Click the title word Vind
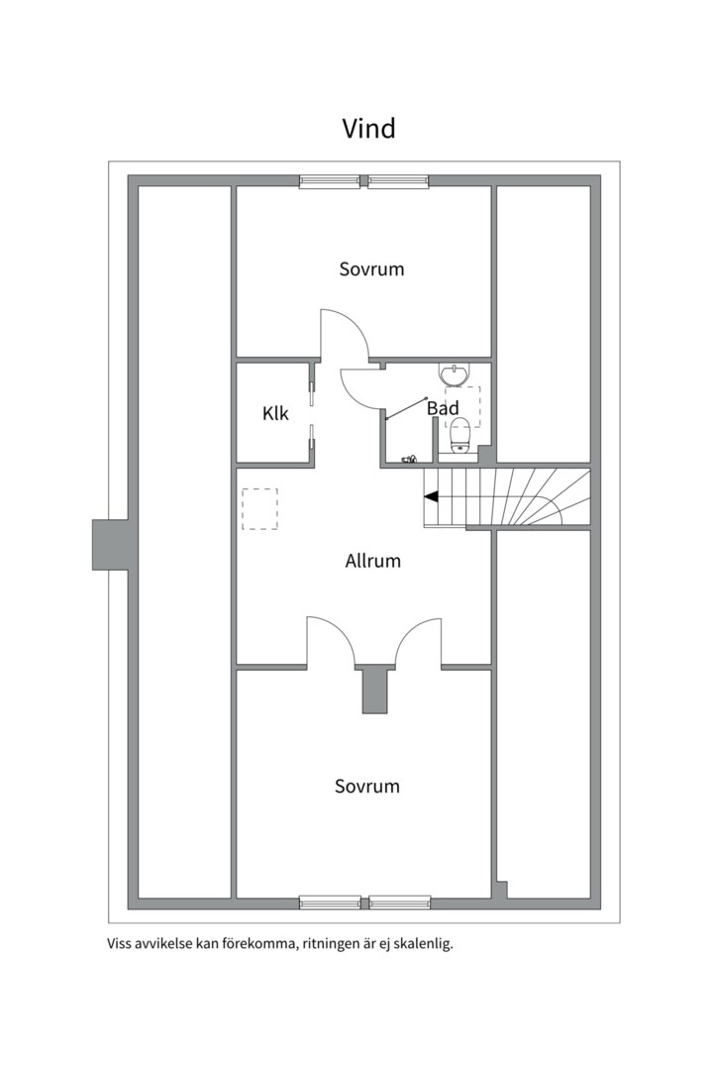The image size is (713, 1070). (x=368, y=128)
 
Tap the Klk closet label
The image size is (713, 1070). (x=275, y=413)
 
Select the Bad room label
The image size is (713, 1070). (x=442, y=408)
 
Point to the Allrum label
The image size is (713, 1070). (x=372, y=561)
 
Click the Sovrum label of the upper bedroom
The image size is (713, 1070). (x=372, y=268)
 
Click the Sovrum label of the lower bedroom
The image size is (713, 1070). (x=367, y=786)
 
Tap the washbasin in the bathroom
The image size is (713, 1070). (x=455, y=374)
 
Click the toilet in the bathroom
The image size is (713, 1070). (x=460, y=435)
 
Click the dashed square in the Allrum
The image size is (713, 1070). (x=260, y=509)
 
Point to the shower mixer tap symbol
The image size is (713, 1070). (x=409, y=460)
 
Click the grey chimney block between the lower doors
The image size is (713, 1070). (x=374, y=690)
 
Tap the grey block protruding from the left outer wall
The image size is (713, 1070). (x=110, y=545)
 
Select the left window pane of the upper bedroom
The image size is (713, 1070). (x=330, y=181)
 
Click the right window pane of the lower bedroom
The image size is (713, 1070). (x=400, y=903)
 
